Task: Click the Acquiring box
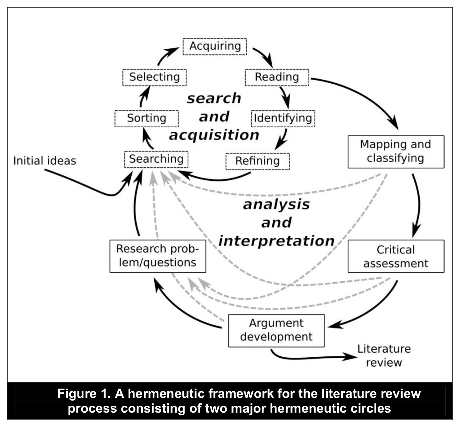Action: click(x=215, y=46)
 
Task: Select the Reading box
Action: click(x=276, y=77)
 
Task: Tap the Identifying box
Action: click(x=283, y=118)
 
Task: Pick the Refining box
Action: click(x=257, y=161)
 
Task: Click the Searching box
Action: click(x=156, y=159)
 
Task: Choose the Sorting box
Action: click(x=146, y=118)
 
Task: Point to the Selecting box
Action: click(x=154, y=77)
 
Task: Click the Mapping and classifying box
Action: click(x=396, y=152)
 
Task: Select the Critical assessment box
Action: click(x=396, y=256)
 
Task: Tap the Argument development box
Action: click(x=276, y=330)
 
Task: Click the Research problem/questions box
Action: click(x=157, y=256)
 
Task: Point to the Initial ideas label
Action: click(x=45, y=161)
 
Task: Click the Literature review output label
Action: click(x=384, y=356)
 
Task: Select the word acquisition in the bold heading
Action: click(x=214, y=135)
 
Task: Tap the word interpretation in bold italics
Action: click(x=276, y=241)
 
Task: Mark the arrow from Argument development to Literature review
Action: click(x=309, y=358)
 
